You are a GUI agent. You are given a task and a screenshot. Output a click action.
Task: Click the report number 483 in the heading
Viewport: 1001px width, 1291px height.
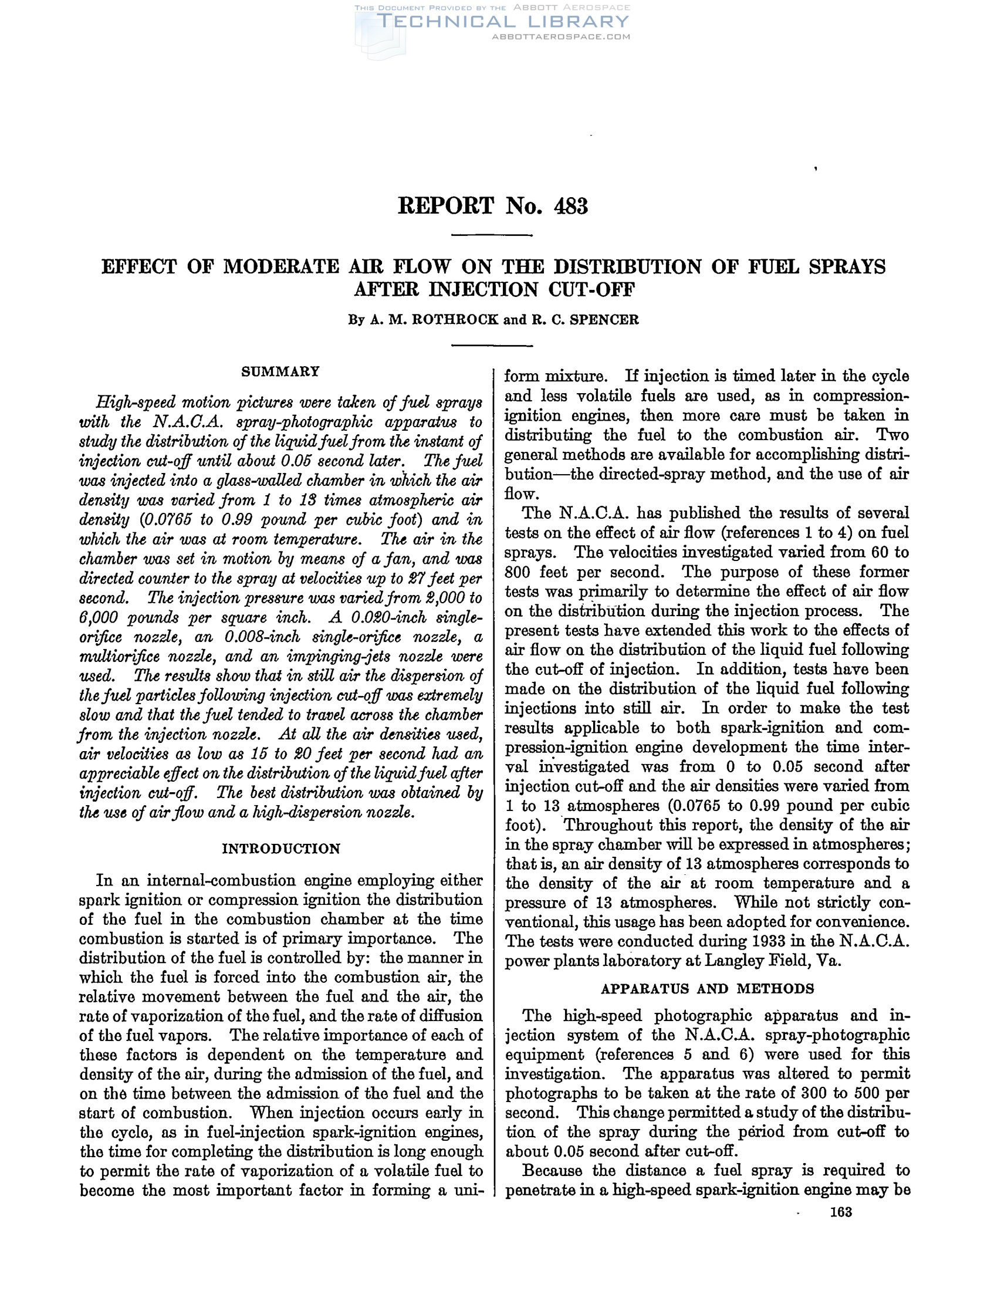tap(571, 207)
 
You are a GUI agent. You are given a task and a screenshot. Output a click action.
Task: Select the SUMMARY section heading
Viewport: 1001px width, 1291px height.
tap(280, 371)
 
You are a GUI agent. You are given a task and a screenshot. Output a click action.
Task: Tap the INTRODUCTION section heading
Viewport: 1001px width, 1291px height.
tap(280, 849)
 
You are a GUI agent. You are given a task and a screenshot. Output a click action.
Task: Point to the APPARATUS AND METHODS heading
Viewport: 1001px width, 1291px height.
tap(707, 988)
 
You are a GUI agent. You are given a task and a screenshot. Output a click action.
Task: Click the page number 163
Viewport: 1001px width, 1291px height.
tap(840, 1212)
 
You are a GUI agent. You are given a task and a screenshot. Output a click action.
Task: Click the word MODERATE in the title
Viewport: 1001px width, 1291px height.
tap(280, 267)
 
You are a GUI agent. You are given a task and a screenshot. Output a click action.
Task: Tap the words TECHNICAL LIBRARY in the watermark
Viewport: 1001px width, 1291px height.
tap(502, 22)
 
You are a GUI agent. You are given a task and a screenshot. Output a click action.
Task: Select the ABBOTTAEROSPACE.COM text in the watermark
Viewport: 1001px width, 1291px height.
tap(561, 36)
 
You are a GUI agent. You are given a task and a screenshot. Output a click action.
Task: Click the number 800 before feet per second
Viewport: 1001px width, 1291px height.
tap(518, 572)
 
